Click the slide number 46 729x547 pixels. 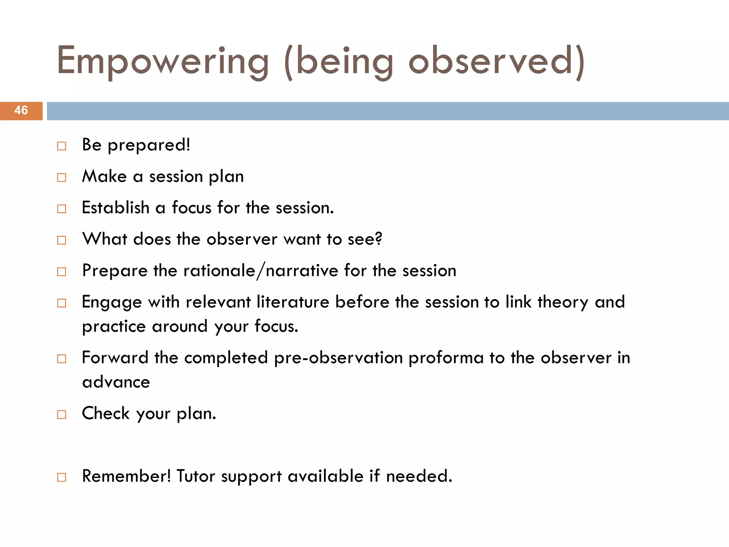21,110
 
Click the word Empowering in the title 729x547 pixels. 162,61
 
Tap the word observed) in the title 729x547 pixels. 496,61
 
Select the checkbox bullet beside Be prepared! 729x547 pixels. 62,146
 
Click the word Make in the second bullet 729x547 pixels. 104,176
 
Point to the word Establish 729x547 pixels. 116,208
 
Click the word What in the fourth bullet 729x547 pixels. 105,239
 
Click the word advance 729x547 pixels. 116,382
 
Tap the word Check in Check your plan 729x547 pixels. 106,413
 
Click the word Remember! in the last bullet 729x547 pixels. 126,476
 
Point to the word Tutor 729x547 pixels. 195,476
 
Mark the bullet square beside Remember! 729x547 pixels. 62,477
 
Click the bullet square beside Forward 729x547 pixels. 62,359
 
